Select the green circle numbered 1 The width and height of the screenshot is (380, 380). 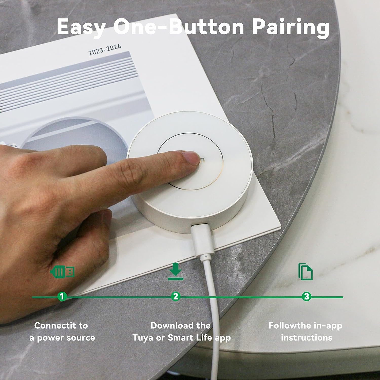tap(62, 296)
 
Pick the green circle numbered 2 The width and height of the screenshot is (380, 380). tap(176, 296)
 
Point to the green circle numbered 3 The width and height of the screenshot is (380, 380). tap(307, 296)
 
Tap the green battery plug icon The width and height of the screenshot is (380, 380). tap(62, 272)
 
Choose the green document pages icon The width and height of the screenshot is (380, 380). tap(306, 272)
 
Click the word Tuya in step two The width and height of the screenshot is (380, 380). tap(142, 338)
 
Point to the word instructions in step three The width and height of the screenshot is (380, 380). tap(307, 337)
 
